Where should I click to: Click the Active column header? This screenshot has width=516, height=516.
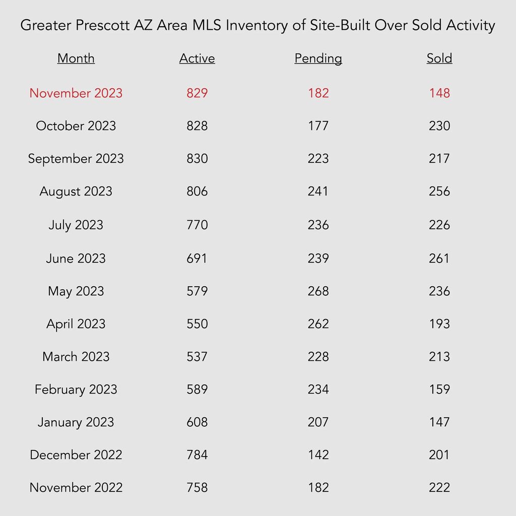(x=197, y=58)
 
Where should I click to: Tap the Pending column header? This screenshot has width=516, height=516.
(x=318, y=58)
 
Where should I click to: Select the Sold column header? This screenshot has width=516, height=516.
(x=439, y=58)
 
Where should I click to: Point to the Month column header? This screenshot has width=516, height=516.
(x=76, y=58)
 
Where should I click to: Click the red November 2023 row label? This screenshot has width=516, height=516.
(x=76, y=93)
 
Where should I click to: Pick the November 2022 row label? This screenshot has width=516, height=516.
(x=76, y=487)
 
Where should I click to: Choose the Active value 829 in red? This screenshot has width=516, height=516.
(x=197, y=93)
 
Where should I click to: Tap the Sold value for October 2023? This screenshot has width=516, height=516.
(x=439, y=125)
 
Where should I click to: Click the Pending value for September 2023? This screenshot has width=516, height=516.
(x=318, y=159)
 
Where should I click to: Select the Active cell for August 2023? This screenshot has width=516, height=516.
(x=197, y=191)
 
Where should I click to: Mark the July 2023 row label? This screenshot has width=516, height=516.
(x=76, y=225)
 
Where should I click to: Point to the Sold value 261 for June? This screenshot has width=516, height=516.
(x=439, y=259)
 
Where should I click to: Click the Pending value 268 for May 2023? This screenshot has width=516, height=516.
(x=318, y=291)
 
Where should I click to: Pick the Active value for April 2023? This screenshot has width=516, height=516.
(x=197, y=324)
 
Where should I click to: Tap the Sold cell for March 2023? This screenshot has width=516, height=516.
(x=439, y=356)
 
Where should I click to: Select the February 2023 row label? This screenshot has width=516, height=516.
(x=76, y=390)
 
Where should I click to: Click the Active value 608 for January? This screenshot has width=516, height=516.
(x=197, y=422)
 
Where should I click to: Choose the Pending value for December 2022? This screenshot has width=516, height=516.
(x=318, y=455)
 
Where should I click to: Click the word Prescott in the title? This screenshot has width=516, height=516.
(x=102, y=25)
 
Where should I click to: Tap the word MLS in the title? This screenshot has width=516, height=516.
(x=207, y=25)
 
